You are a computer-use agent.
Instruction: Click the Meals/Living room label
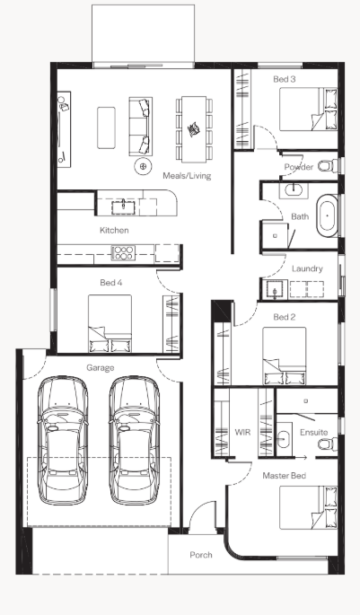187,176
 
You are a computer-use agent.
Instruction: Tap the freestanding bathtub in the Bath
328,215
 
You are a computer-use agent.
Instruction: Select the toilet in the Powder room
328,165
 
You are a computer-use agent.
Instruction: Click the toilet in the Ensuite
328,444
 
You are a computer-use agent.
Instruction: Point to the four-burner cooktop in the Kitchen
124,252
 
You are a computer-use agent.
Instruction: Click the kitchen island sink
123,206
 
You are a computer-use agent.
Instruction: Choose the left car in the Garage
63,440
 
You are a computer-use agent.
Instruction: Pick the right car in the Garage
134,440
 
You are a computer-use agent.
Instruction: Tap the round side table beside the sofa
143,167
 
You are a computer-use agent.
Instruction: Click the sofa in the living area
140,127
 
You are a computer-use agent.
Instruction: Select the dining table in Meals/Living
194,129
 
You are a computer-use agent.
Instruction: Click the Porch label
201,555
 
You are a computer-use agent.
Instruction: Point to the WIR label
242,432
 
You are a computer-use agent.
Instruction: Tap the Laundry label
307,268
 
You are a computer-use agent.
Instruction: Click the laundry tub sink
276,290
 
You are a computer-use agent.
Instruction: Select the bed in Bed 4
110,323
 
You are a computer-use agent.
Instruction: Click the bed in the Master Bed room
308,507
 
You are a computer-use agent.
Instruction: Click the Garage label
101,368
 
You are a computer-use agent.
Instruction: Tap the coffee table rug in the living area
106,127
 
